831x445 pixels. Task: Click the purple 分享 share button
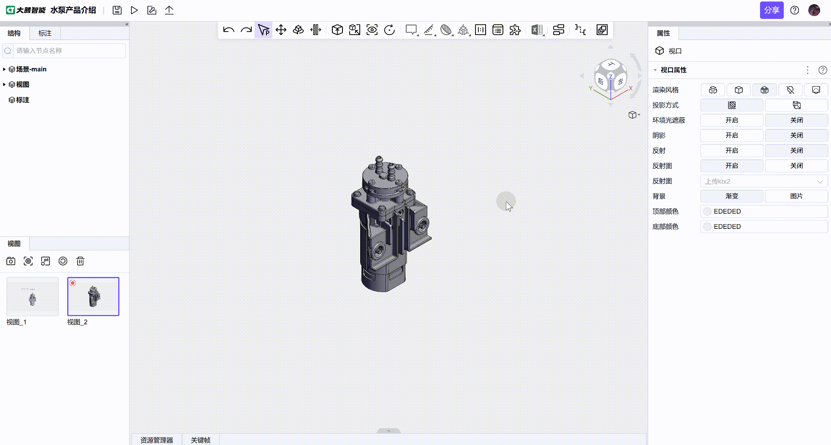pyautogui.click(x=771, y=10)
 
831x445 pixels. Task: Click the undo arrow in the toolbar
pyautogui.click(x=228, y=30)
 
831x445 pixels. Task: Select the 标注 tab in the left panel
pyautogui.click(x=45, y=33)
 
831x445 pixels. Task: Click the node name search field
pyautogui.click(x=68, y=51)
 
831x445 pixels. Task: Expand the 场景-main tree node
pyautogui.click(x=4, y=69)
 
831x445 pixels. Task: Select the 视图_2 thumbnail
pyautogui.click(x=93, y=296)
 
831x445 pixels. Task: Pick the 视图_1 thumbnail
pyautogui.click(x=33, y=296)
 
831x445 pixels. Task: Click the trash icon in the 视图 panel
pyautogui.click(x=80, y=261)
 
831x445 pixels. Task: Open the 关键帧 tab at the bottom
pyautogui.click(x=201, y=440)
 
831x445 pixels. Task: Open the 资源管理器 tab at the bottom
pyautogui.click(x=157, y=440)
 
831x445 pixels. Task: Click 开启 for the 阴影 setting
pyautogui.click(x=732, y=136)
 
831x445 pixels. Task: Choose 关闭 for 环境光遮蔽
pyautogui.click(x=796, y=120)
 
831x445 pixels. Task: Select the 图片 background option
pyautogui.click(x=796, y=196)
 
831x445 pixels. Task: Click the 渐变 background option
pyautogui.click(x=732, y=196)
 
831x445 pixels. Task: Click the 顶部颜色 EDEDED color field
pyautogui.click(x=764, y=212)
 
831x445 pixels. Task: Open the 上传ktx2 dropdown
pyautogui.click(x=764, y=182)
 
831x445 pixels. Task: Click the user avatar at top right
pyautogui.click(x=814, y=10)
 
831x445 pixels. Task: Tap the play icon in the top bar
pyautogui.click(x=134, y=10)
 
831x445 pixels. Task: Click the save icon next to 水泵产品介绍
pyautogui.click(x=117, y=10)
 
